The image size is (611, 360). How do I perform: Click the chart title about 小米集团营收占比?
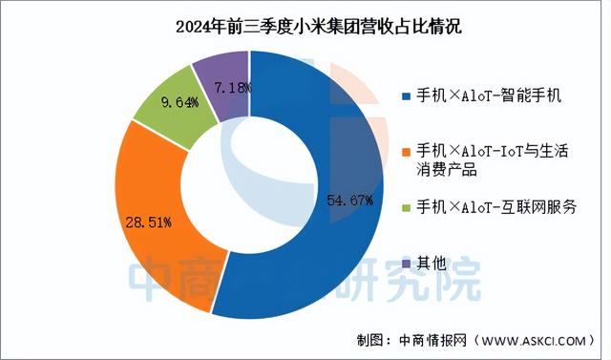tap(305, 25)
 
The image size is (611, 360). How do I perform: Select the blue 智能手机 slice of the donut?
tap(334, 239)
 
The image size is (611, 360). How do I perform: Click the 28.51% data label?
tap(147, 222)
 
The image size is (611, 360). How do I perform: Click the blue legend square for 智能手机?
tap(407, 96)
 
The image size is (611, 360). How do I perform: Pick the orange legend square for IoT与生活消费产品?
tap(407, 152)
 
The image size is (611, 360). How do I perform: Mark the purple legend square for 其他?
tap(407, 263)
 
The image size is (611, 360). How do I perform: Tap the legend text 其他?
tap(433, 263)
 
